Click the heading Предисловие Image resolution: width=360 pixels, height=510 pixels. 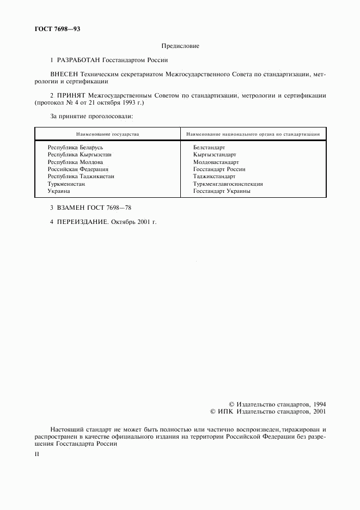[180, 47]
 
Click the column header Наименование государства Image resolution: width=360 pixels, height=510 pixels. [107, 133]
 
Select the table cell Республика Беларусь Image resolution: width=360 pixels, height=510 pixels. [75, 148]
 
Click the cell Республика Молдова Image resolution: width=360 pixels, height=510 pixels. [75, 162]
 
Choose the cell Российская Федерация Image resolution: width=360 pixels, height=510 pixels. [78, 169]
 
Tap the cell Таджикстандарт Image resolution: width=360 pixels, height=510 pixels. [214, 177]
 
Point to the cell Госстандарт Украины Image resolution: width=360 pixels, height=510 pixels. [222, 191]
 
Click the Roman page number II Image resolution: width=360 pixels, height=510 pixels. [36, 454]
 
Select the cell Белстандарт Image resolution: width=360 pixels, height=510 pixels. [209, 148]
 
